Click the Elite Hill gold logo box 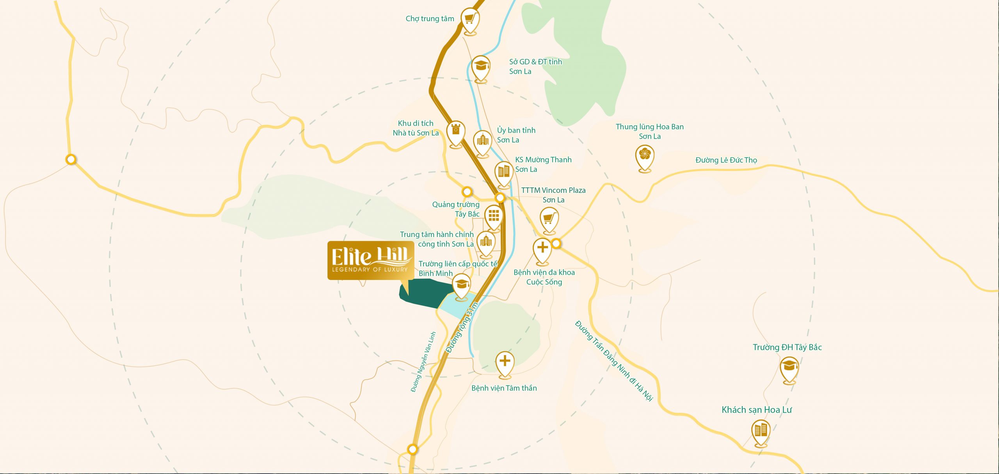(370, 260)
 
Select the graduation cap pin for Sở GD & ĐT (481, 67)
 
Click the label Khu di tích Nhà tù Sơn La (416, 128)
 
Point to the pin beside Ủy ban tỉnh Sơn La (483, 141)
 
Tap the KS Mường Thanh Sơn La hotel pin (504, 172)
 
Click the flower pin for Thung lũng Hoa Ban (645, 156)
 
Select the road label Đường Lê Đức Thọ (726, 160)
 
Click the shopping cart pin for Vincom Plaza (549, 218)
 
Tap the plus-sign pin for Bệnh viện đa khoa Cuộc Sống (542, 249)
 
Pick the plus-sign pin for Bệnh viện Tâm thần (505, 362)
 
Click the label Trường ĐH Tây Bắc (787, 347)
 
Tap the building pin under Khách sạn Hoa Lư (761, 431)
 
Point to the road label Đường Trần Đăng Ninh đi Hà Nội (614, 361)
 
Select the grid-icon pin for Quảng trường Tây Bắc (494, 216)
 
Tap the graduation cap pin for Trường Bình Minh (462, 285)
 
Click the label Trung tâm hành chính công (437, 239)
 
